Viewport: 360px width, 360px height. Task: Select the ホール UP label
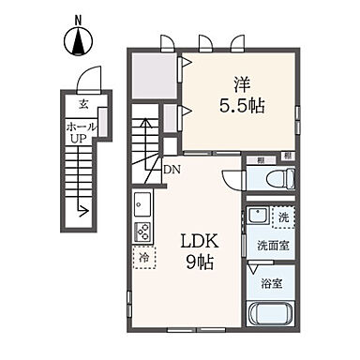[x=80, y=130]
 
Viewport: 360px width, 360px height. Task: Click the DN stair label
[x=172, y=170]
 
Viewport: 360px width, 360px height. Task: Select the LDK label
[x=199, y=240]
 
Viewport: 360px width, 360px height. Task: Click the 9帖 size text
[x=200, y=262]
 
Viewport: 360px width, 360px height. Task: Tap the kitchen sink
[x=143, y=202]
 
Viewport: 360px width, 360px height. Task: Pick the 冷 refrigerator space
[x=143, y=255]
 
